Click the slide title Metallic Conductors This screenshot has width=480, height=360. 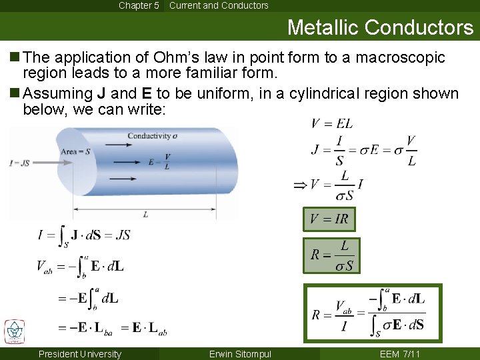tap(380, 27)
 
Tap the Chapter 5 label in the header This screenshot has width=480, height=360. tap(139, 5)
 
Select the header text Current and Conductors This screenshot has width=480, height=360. tap(219, 5)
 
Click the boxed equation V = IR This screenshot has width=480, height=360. tap(329, 219)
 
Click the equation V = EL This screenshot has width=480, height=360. tap(331, 123)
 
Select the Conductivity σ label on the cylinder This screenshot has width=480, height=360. tap(152, 135)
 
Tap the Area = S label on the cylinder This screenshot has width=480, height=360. tap(75, 151)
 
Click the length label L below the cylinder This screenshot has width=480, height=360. tap(145, 214)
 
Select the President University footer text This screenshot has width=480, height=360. tap(80, 354)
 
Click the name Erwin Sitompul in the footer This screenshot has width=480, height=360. tap(240, 354)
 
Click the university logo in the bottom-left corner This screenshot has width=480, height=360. tap(14, 331)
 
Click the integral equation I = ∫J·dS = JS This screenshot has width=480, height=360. tap(84, 235)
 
